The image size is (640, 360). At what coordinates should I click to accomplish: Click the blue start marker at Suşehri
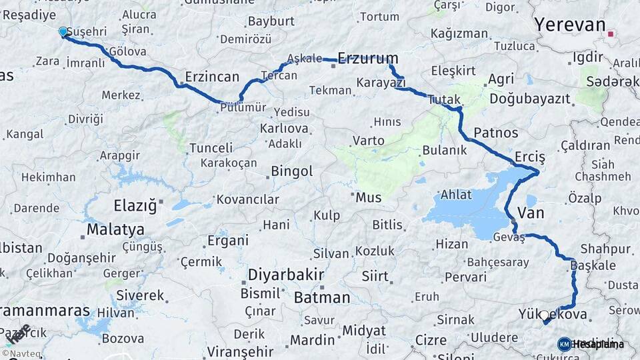pyautogui.click(x=63, y=32)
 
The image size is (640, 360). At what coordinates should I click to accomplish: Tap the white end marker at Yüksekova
pyautogui.click(x=544, y=316)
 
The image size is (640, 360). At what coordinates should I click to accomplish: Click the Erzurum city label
pyautogui.click(x=368, y=58)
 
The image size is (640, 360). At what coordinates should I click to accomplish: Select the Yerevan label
pyautogui.click(x=569, y=25)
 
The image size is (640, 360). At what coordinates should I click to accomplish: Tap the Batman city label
pyautogui.click(x=321, y=297)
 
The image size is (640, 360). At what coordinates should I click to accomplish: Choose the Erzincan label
pyautogui.click(x=212, y=77)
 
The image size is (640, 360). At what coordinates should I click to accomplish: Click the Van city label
pyautogui.click(x=531, y=213)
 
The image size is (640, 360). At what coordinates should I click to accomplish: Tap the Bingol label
pyautogui.click(x=291, y=171)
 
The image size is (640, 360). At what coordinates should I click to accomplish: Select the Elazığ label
pyautogui.click(x=135, y=205)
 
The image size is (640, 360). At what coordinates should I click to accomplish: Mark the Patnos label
pyautogui.click(x=496, y=132)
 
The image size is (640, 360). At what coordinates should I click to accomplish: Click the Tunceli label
pyautogui.click(x=211, y=147)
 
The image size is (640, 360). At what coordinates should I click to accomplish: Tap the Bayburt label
pyautogui.click(x=271, y=21)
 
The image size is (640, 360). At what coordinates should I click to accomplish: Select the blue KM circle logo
pyautogui.click(x=564, y=344)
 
